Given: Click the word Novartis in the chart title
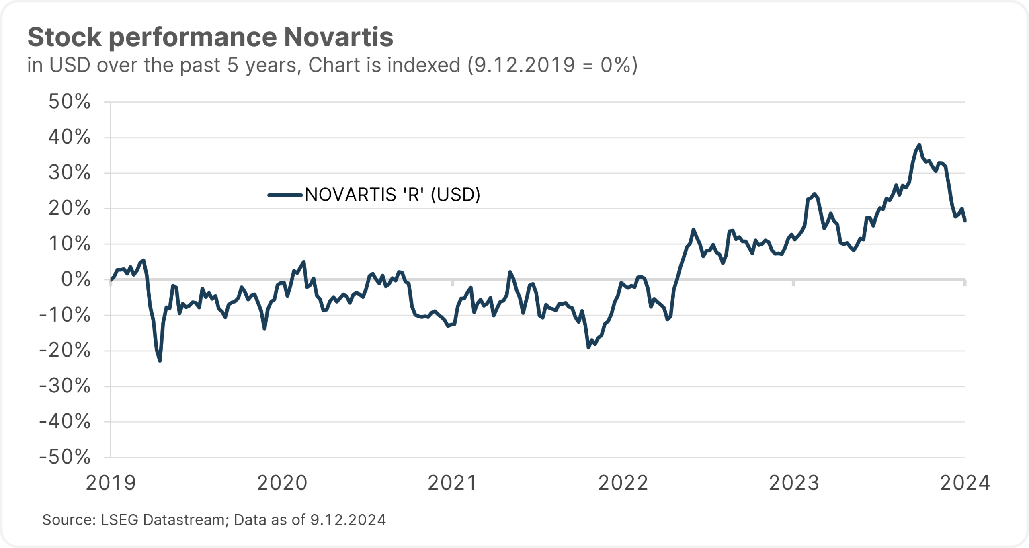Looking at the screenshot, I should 338,37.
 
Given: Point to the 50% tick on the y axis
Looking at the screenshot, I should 70,102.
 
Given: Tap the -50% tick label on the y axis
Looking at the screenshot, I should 65,457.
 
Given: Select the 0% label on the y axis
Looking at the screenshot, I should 76,279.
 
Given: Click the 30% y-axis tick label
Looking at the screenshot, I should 70,173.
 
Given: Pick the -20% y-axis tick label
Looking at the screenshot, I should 65,351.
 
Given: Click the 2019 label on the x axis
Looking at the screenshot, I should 111,482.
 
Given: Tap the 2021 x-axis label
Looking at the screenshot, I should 452,482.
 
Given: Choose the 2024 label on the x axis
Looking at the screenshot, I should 965,482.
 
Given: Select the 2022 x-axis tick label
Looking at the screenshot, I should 623,482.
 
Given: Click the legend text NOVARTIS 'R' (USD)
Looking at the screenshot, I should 393,195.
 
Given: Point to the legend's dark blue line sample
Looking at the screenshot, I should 285,195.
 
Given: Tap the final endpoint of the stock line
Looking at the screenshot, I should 965,221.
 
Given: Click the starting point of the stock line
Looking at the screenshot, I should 111,280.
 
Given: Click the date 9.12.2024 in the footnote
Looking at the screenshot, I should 348,520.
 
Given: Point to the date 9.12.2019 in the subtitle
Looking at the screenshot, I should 525,65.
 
